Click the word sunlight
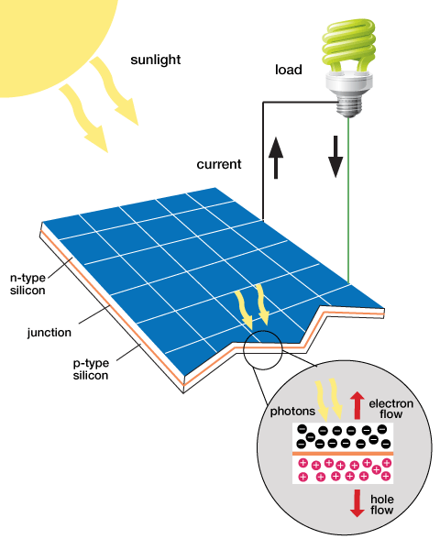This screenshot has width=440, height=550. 156,60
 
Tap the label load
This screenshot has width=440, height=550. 289,70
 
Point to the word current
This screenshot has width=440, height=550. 219,164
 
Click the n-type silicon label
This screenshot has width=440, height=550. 27,284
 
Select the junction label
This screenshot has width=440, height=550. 49,332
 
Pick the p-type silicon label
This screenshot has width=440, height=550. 91,369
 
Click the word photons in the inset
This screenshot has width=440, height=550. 292,411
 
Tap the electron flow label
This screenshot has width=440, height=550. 390,409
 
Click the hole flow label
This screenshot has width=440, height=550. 381,504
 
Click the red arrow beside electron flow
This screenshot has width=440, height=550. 357,405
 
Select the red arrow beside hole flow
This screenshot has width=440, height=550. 357,503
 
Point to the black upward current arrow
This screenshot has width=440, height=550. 276,158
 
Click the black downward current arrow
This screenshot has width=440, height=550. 335,157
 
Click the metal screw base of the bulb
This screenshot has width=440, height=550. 348,105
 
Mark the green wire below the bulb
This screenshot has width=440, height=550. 348,200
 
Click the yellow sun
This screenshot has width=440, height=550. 52,38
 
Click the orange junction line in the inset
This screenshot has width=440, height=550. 343,454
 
